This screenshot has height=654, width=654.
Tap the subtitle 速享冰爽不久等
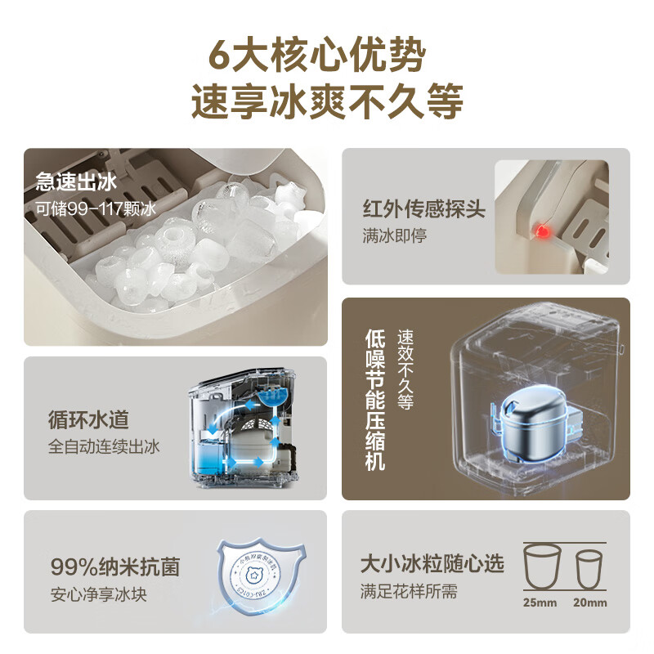click(x=327, y=101)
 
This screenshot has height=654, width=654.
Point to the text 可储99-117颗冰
click(x=95, y=207)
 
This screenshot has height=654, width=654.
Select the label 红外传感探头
click(x=423, y=209)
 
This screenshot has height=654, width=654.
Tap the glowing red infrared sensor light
click(x=540, y=232)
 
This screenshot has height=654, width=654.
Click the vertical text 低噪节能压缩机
click(x=375, y=399)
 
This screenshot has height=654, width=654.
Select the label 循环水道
click(x=88, y=421)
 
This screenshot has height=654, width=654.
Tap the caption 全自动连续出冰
click(x=104, y=446)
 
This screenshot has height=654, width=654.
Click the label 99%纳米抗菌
click(x=114, y=567)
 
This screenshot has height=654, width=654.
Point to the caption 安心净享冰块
click(x=97, y=594)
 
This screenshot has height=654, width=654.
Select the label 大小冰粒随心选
click(x=432, y=563)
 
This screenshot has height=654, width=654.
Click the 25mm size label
click(x=540, y=603)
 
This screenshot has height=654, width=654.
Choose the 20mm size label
click(x=591, y=603)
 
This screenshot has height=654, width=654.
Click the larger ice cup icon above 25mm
click(x=540, y=566)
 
